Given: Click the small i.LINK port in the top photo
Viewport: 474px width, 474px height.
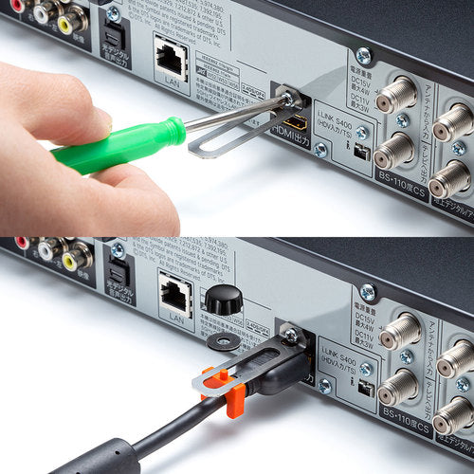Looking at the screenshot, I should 360,153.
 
